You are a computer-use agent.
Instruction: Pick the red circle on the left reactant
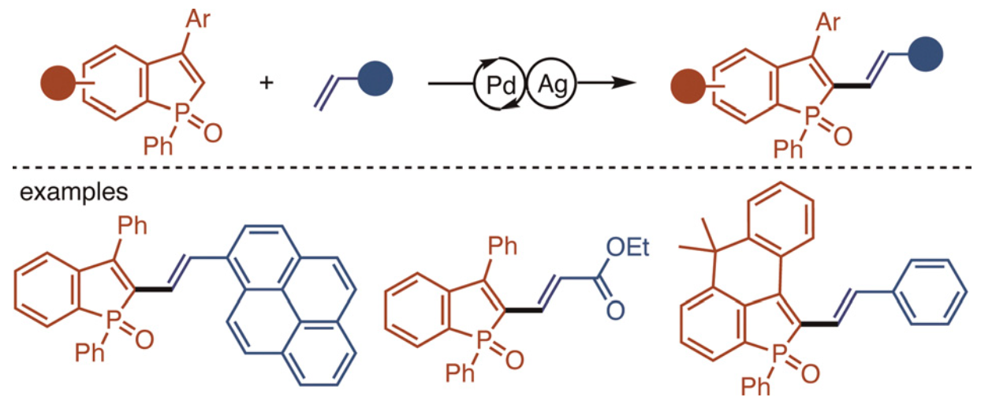click(x=57, y=81)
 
